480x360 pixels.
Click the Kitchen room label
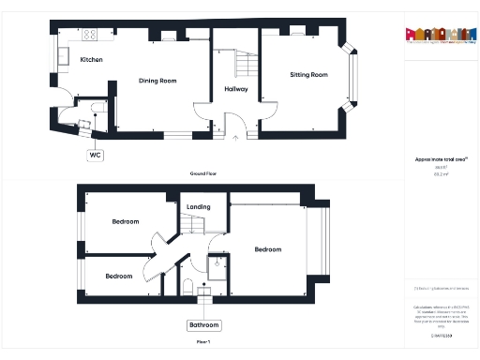pos(91,60)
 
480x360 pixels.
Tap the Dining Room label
pos(157,81)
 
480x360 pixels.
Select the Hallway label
pos(236,89)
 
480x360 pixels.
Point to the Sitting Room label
pos(308,74)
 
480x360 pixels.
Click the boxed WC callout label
pos(96,154)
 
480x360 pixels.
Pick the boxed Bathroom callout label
pos(203,325)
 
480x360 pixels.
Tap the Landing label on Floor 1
pos(199,206)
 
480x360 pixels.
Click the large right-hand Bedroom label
pos(267,249)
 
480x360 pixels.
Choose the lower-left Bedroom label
pos(118,276)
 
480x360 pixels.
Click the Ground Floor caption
pos(203,174)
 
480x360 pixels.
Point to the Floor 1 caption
pos(203,343)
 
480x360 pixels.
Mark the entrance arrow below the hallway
pos(234,140)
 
